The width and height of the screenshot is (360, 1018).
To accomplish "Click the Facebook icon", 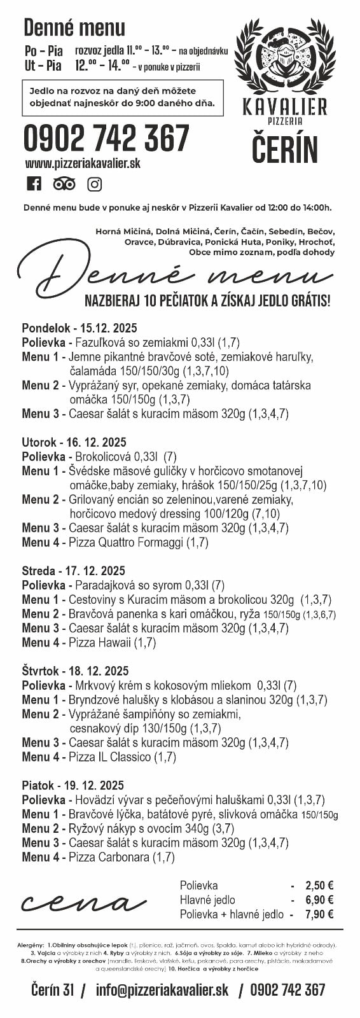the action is [x=34, y=184].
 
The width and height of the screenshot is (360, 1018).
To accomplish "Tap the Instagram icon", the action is [x=95, y=184].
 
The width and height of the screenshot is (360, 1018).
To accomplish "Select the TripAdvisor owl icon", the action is [x=64, y=184].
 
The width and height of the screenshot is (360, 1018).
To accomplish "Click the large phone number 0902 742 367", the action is [x=106, y=137].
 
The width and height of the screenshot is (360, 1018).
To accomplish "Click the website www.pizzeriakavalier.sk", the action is [x=83, y=164].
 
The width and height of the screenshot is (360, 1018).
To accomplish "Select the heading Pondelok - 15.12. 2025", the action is [x=79, y=328].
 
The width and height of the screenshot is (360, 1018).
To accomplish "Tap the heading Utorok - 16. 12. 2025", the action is [x=74, y=442].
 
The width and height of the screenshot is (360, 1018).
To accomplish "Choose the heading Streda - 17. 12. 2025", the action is [x=73, y=571].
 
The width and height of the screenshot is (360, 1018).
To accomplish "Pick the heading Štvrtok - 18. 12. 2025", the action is [x=75, y=671].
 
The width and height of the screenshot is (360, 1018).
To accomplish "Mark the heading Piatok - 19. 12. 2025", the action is [x=73, y=785].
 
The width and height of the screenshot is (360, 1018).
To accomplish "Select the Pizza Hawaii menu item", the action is [x=112, y=643].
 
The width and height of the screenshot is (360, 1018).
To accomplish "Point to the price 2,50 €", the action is [x=319, y=885].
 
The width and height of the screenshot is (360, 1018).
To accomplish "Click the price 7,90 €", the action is [x=319, y=914].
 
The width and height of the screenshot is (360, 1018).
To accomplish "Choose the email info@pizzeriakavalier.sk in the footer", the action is [x=162, y=989].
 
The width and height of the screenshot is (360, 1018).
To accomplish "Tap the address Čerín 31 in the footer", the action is [x=53, y=989].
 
